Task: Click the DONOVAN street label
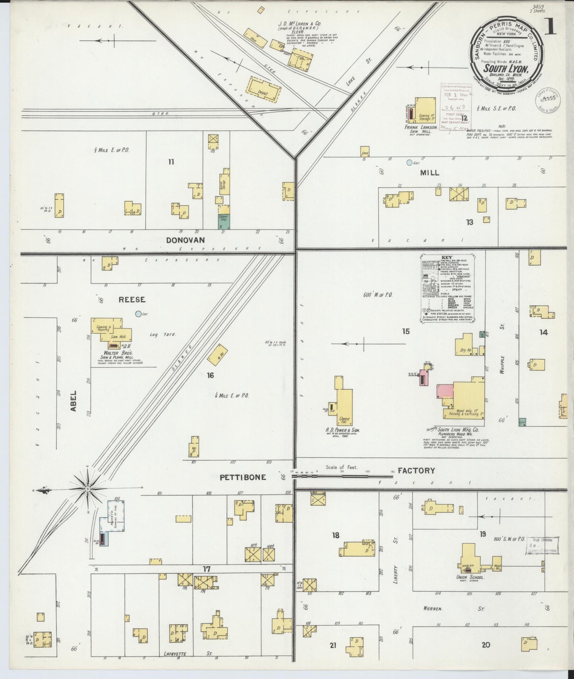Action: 185,240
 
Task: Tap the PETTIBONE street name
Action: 243,477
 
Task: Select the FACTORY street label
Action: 416,471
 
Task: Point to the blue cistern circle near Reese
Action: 138,314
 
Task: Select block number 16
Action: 210,375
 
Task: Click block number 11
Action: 171,162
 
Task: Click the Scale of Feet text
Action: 342,467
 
